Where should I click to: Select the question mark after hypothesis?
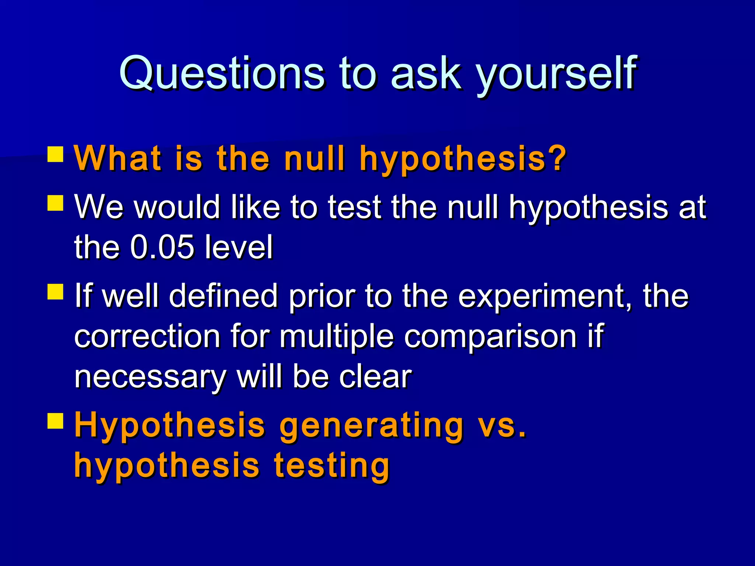[x=557, y=158]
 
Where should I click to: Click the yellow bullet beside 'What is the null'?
[x=55, y=154]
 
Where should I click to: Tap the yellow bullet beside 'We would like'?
[x=55, y=203]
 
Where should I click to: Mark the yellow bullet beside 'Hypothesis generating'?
[x=55, y=421]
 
